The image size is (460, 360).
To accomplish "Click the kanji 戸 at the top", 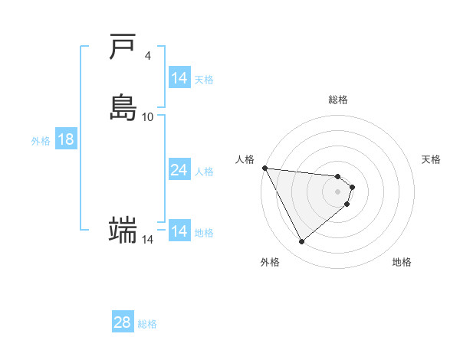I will (123, 47).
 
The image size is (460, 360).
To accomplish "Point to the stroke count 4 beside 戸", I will (147, 55).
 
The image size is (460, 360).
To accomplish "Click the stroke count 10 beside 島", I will (148, 116).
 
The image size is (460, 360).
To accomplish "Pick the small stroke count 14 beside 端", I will (147, 240).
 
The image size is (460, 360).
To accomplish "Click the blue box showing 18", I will (65, 139).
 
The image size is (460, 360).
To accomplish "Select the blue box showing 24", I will (179, 170).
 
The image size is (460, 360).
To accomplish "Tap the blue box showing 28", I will (122, 322).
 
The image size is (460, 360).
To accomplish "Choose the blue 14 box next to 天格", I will (179, 78).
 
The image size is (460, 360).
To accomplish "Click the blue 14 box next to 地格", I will (179, 231).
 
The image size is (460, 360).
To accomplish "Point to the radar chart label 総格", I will (338, 100).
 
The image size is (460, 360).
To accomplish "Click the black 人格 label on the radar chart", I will (245, 159).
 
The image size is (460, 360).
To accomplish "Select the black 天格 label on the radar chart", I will (431, 159).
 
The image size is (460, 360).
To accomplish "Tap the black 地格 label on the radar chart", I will (402, 262).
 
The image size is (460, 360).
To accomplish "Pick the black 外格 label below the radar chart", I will (270, 262).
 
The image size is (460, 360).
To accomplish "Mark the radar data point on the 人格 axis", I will (264, 168).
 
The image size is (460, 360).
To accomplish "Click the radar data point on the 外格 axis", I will (301, 242).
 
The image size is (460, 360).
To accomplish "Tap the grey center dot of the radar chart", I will (338, 191).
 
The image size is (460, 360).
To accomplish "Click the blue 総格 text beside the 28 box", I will (147, 324).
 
